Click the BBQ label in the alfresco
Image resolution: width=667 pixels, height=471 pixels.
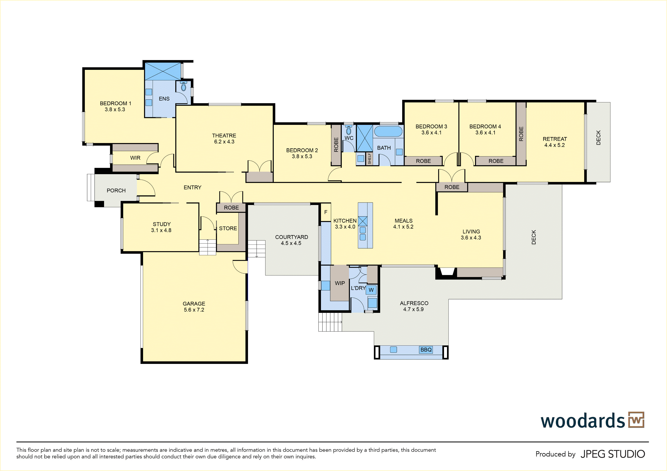pos(426,350)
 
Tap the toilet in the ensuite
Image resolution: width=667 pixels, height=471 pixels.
pos(183,86)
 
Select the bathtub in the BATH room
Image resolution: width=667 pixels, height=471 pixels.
pos(388,131)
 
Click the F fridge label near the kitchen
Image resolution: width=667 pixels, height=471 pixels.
pos(326,212)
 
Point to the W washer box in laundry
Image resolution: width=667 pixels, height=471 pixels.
pos(371,290)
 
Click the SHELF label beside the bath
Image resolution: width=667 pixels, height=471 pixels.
pos(369,159)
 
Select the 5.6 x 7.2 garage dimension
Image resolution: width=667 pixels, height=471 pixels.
pos(194,310)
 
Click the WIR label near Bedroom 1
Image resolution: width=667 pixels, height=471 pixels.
pos(135,158)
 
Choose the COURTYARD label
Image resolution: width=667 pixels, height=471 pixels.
pos(291,237)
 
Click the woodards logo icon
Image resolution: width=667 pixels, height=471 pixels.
pos(636,420)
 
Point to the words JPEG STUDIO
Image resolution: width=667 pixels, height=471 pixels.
pos(613,454)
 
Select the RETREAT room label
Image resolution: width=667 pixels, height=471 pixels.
pos(555,139)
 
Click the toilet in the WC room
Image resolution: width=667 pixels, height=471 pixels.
pos(349,130)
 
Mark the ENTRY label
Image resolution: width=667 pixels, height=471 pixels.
pos(192,187)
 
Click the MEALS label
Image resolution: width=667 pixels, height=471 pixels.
pos(404,221)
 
